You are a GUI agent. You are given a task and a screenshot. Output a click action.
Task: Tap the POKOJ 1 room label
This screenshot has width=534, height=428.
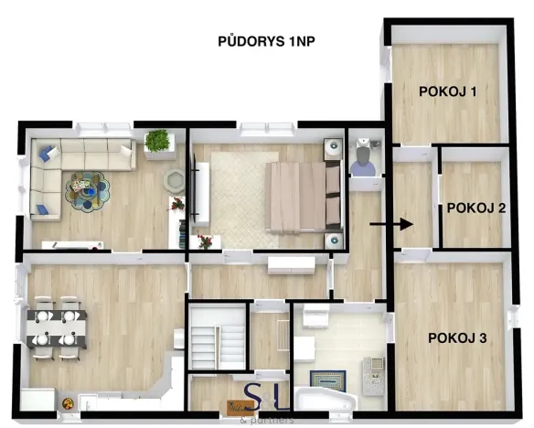(449, 91)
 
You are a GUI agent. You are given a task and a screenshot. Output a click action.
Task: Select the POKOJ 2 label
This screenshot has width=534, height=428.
(476, 208)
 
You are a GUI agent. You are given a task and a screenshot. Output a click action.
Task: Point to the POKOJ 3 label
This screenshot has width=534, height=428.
(456, 338)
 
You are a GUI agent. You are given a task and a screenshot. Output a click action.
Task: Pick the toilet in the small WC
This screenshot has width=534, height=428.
(362, 161)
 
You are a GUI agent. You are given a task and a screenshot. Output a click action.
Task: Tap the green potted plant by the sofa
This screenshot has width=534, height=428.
(158, 142)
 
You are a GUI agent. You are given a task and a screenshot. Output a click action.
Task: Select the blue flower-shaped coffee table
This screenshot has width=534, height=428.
(86, 189)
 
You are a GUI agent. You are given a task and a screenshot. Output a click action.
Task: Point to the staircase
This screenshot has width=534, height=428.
(217, 339)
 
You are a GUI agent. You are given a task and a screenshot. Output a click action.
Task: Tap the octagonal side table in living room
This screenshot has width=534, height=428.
(174, 179)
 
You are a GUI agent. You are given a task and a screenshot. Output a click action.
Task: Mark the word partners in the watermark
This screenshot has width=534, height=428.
(273, 421)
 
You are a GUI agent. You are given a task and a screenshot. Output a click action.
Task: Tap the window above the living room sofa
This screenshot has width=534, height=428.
(92, 127)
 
